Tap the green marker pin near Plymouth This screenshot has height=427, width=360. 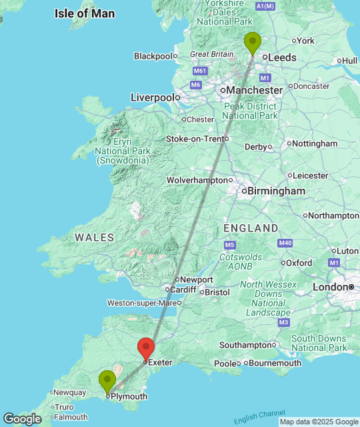[x=107, y=382]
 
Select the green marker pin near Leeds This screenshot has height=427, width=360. [x=252, y=43]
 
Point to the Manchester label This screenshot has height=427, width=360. [x=255, y=90]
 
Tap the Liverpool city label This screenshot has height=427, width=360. [x=152, y=97]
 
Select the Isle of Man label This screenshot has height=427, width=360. [x=85, y=13]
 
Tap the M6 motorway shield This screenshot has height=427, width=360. [x=195, y=85]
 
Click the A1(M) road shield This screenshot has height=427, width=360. [x=265, y=7]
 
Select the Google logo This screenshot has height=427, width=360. [x=22, y=418]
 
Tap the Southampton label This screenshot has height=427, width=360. [x=245, y=345]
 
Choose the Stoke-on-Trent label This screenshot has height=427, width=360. [x=195, y=139]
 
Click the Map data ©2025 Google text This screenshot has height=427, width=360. [x=318, y=422]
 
